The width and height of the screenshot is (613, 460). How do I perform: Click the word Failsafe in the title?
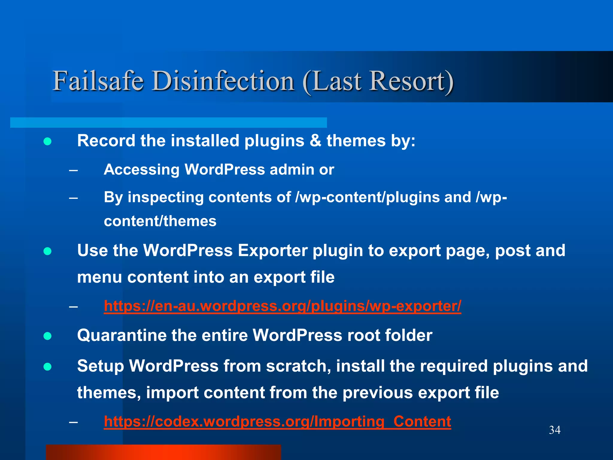pyautogui.click(x=98, y=81)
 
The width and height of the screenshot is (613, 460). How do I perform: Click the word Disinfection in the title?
pyautogui.click(x=223, y=81)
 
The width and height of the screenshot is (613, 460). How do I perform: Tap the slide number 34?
pyautogui.click(x=555, y=430)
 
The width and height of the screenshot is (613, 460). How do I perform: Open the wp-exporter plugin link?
pyautogui.click(x=282, y=306)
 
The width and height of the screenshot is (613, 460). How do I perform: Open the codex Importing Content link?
pyautogui.click(x=277, y=421)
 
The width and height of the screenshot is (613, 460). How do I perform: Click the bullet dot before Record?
pyautogui.click(x=48, y=141)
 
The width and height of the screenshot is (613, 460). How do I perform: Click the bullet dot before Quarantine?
pyautogui.click(x=48, y=336)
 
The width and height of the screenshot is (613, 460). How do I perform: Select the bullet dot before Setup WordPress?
pyautogui.click(x=48, y=367)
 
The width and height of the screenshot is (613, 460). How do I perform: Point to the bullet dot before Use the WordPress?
pyautogui.click(x=48, y=251)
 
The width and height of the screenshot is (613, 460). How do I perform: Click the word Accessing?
pyautogui.click(x=141, y=170)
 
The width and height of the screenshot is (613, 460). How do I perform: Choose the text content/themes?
pyautogui.click(x=160, y=221)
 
